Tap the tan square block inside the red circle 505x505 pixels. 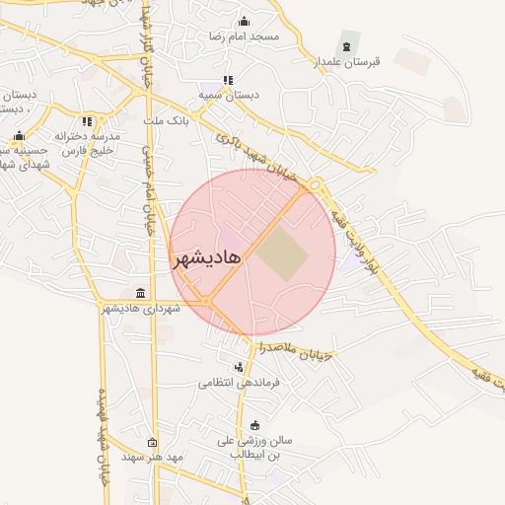(x=283, y=253)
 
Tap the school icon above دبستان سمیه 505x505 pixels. (x=229, y=80)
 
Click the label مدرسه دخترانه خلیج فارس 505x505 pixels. (x=87, y=144)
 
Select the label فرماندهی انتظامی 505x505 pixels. (x=240, y=382)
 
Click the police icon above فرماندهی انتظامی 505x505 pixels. (x=237, y=367)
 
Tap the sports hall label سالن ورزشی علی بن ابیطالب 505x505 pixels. (x=255, y=450)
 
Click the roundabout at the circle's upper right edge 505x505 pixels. (x=315, y=184)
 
